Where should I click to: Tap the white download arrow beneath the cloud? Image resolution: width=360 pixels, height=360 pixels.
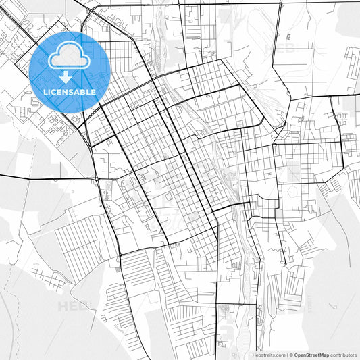tap(66, 77)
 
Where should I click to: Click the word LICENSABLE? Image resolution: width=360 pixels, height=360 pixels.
tap(69, 92)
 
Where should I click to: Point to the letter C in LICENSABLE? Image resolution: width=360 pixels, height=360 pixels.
tap(53, 92)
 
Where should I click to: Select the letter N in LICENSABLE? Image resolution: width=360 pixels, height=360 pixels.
tap(66, 92)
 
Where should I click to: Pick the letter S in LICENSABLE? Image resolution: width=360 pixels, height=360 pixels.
tap(73, 92)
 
